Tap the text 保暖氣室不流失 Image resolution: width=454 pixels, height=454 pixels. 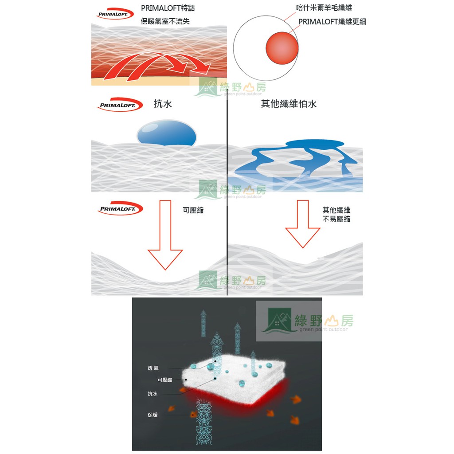coord(165,21)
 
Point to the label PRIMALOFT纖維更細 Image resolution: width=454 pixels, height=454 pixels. coord(332,21)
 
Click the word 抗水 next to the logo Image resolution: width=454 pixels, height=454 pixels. coord(163,105)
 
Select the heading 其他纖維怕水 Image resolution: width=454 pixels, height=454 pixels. coord(289,105)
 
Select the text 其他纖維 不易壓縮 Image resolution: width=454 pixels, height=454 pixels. coord(336,215)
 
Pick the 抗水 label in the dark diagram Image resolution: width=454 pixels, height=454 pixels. coord(153,394)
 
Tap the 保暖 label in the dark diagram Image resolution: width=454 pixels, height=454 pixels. coord(153,415)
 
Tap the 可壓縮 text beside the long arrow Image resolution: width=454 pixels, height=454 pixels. coord(193,211)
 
